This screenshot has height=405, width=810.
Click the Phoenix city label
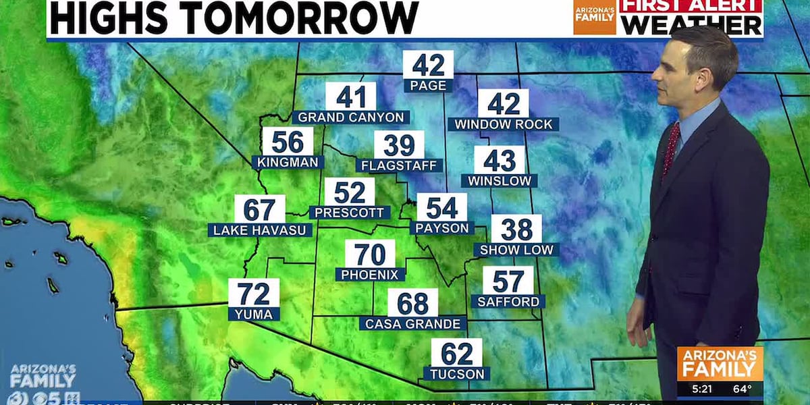click(x=371, y=275)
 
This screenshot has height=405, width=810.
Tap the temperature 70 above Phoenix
click(x=371, y=254)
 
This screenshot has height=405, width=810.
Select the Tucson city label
click(x=456, y=373)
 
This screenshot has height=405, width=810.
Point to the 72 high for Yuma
click(x=254, y=293)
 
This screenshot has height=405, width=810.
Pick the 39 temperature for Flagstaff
click(x=399, y=144)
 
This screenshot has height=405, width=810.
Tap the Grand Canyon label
click(x=351, y=117)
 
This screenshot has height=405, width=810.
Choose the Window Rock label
click(x=504, y=125)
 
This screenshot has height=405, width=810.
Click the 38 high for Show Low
click(x=516, y=230)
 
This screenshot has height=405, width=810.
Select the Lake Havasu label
click(x=260, y=230)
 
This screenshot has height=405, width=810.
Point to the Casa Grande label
click(x=412, y=324)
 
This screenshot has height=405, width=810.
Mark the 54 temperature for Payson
click(x=442, y=207)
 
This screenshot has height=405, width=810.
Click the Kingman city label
click(x=288, y=162)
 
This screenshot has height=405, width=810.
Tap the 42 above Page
click(x=428, y=65)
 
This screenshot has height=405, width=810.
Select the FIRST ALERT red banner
click(x=692, y=6)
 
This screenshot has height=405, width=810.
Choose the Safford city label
click(x=508, y=302)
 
